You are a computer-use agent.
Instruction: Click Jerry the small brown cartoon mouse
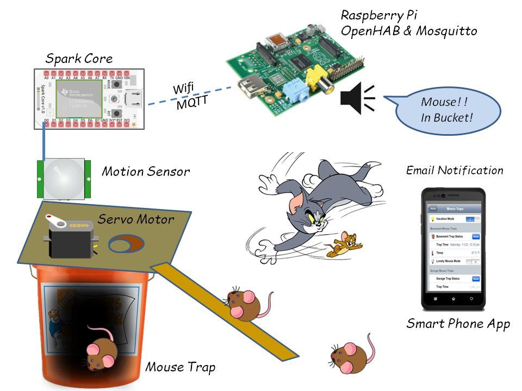pyautogui.click(x=343, y=245)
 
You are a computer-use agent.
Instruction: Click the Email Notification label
pyautogui.click(x=455, y=171)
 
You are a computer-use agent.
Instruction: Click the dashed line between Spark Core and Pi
pyautogui.click(x=185, y=96)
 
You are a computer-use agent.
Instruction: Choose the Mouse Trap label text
pyautogui.click(x=180, y=368)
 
